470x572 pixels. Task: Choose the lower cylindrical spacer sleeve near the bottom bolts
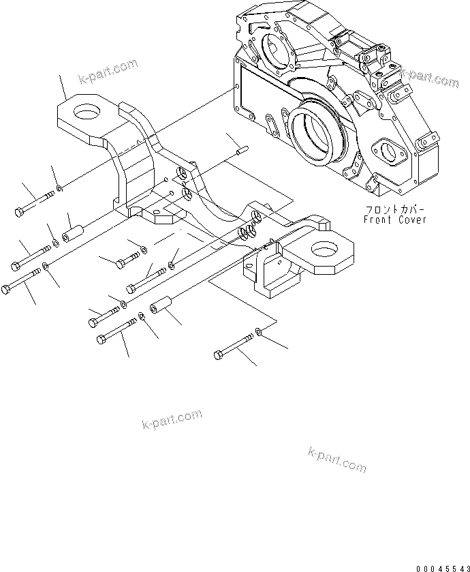click(159, 312)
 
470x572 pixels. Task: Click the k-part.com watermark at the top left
click(108, 70)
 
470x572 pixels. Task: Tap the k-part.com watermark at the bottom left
click(172, 420)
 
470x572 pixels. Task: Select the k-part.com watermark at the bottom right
click(337, 460)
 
